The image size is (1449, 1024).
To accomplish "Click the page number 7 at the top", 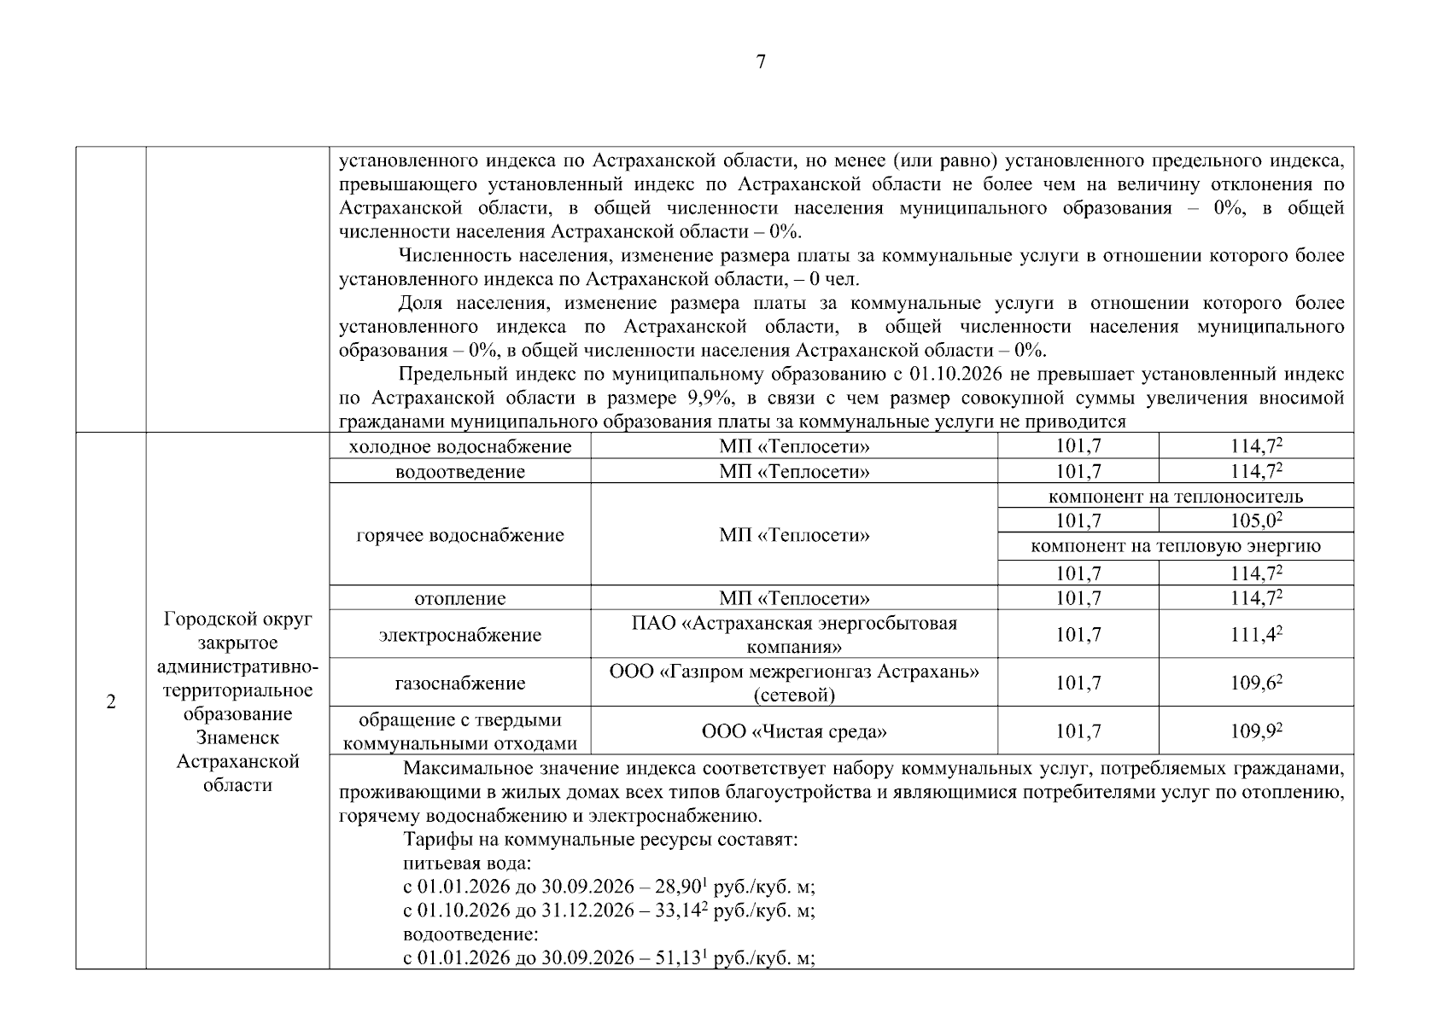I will pos(761,61).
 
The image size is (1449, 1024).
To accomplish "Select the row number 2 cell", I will pos(111,702).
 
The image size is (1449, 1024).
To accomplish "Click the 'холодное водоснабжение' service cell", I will pos(460,446).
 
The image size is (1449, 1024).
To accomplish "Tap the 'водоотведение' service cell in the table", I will pos(460,471).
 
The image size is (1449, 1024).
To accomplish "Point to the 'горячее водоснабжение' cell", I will pos(460,535).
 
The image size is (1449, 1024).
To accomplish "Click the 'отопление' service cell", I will pos(460,598).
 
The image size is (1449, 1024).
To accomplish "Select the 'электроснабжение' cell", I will pos(460,635).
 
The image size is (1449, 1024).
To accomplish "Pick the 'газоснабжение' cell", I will pos(460,683).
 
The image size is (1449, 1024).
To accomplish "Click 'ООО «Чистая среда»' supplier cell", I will pos(794,731).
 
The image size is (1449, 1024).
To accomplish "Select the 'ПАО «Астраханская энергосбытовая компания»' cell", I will pos(794,635).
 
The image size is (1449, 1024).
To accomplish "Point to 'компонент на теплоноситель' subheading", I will pos(1175,496).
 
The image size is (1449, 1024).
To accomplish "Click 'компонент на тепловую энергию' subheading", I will pos(1175,546).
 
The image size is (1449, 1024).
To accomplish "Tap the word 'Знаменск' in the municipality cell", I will pos(237,737).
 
